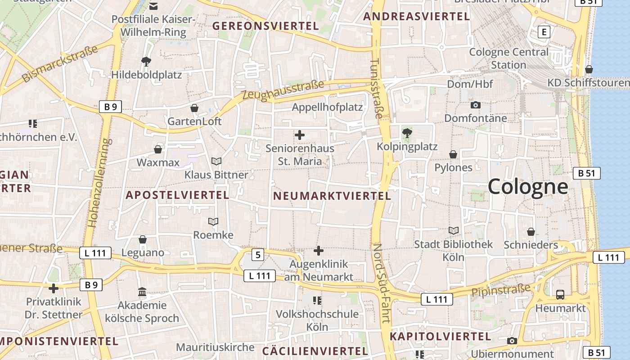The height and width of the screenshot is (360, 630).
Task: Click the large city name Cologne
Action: [527, 186]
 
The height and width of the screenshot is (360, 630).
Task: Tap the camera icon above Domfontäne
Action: [475, 105]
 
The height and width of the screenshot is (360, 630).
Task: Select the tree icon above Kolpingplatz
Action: [407, 133]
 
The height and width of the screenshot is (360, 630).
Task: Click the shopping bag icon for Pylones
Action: [453, 154]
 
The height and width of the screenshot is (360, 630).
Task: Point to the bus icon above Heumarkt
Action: [560, 295]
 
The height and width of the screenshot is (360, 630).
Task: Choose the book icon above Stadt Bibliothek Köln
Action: [454, 231]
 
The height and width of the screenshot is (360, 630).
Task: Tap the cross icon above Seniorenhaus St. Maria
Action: [299, 135]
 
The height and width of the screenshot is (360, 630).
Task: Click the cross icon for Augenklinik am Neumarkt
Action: [319, 251]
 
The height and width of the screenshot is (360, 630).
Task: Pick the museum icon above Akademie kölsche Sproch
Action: [142, 292]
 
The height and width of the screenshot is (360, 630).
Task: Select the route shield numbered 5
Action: [257, 255]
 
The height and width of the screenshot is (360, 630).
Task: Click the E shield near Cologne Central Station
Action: [544, 32]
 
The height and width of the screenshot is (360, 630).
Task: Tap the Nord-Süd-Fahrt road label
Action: [381, 283]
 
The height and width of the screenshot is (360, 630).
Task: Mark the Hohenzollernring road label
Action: [99, 182]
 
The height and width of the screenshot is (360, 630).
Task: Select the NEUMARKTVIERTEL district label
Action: [332, 196]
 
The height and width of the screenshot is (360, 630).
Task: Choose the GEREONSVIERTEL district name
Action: [265, 26]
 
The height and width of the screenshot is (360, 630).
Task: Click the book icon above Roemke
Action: [213, 221]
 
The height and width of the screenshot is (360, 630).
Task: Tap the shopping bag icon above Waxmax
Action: [158, 149]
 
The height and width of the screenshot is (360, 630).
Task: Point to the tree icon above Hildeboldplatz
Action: [146, 62]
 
